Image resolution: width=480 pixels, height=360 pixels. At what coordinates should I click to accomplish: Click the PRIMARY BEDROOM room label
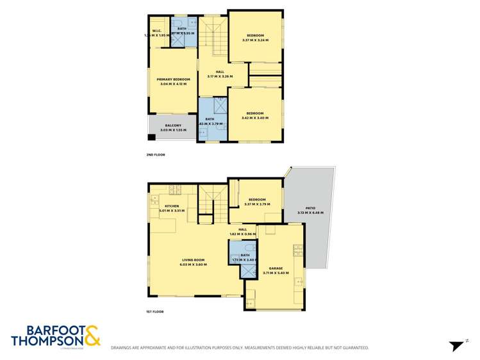pos(174,79)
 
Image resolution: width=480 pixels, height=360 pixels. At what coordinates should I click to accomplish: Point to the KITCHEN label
pos(171,206)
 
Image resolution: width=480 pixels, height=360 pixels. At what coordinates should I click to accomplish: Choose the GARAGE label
pos(276,269)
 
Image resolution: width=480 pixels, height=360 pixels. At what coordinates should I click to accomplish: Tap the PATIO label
pos(310,209)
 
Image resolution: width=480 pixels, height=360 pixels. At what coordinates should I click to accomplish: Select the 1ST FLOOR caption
pos(155,311)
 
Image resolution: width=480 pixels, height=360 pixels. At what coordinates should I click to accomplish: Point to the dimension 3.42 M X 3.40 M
pos(255,118)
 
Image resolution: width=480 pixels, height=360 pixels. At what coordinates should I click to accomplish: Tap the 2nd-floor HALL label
pos(219,72)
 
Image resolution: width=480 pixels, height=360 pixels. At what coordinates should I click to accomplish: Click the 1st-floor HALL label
pos(242,229)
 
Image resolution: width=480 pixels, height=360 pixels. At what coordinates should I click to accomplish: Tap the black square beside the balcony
pos(152,137)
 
